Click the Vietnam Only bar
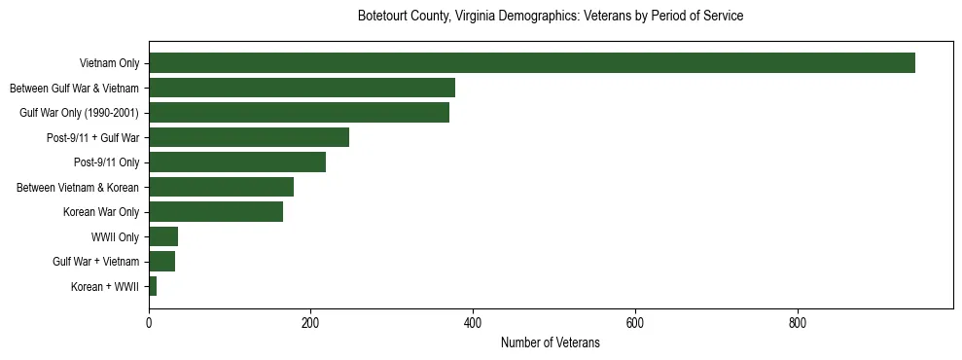click(x=531, y=63)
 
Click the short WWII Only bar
click(x=163, y=236)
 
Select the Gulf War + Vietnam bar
click(x=161, y=262)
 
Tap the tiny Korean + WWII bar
click(x=153, y=286)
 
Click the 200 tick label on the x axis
click(x=310, y=322)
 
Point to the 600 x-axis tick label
click(x=635, y=322)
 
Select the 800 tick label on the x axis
click(x=797, y=322)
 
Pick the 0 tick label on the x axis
click(x=149, y=322)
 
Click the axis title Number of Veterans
click(x=550, y=342)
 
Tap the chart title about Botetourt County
click(x=550, y=17)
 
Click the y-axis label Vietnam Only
click(x=109, y=63)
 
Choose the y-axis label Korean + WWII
click(x=105, y=287)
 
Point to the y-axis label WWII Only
click(x=115, y=237)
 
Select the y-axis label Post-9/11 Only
click(x=107, y=162)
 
